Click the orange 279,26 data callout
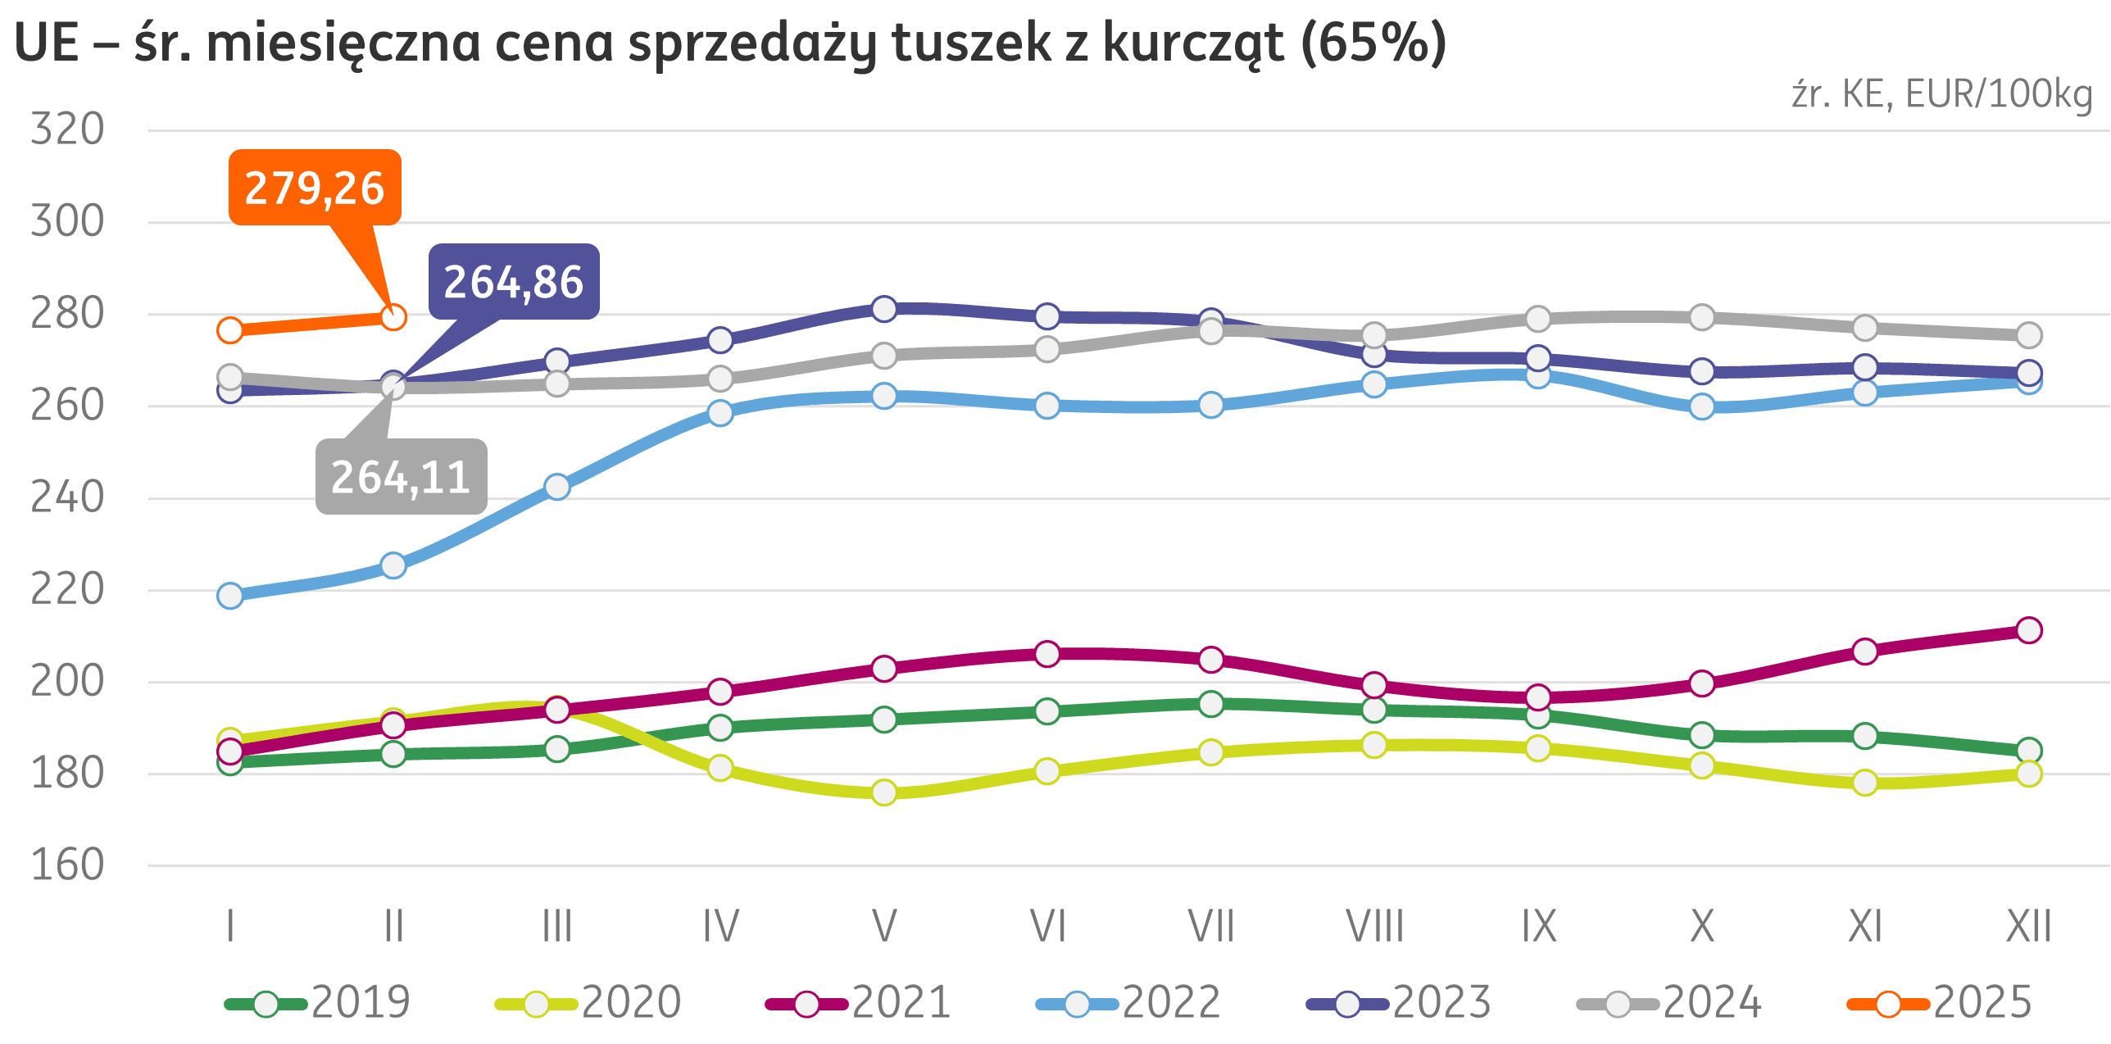click(315, 188)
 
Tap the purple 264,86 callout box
click(514, 282)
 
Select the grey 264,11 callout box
click(401, 477)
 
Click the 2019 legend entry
click(318, 1002)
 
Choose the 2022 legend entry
click(1128, 1002)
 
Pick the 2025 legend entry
click(1940, 1002)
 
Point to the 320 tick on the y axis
click(67, 129)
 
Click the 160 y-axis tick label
click(67, 865)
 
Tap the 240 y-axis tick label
click(67, 497)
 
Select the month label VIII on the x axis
click(1374, 927)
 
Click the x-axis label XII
click(2028, 927)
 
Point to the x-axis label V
click(883, 927)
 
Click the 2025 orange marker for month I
click(230, 330)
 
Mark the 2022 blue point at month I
click(230, 596)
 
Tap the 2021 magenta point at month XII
click(2028, 630)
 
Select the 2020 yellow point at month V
click(883, 792)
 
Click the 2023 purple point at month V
click(883, 309)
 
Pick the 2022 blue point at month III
click(557, 488)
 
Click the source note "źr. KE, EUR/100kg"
click(1941, 95)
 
